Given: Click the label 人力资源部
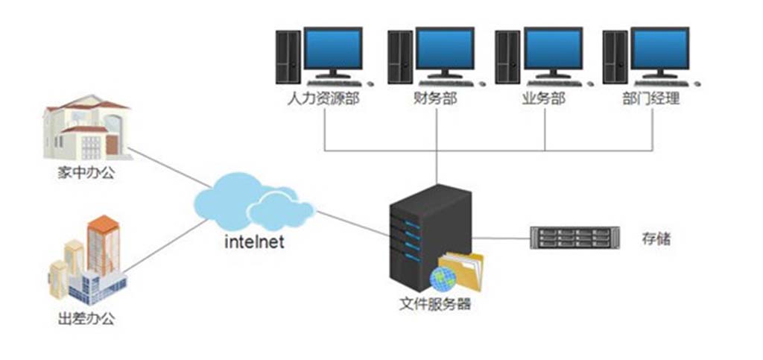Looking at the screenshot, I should (x=323, y=98).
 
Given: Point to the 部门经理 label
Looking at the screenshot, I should (x=650, y=98).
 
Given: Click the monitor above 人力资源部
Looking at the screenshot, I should (x=333, y=49).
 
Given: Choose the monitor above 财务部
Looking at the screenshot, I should (x=444, y=49).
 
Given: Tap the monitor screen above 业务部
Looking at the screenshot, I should (x=553, y=49).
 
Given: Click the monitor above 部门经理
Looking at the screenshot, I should (x=660, y=49).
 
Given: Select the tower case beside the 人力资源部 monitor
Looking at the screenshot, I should (x=288, y=57).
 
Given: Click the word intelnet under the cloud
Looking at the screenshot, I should (x=254, y=242).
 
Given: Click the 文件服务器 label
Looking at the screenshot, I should (x=435, y=304).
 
